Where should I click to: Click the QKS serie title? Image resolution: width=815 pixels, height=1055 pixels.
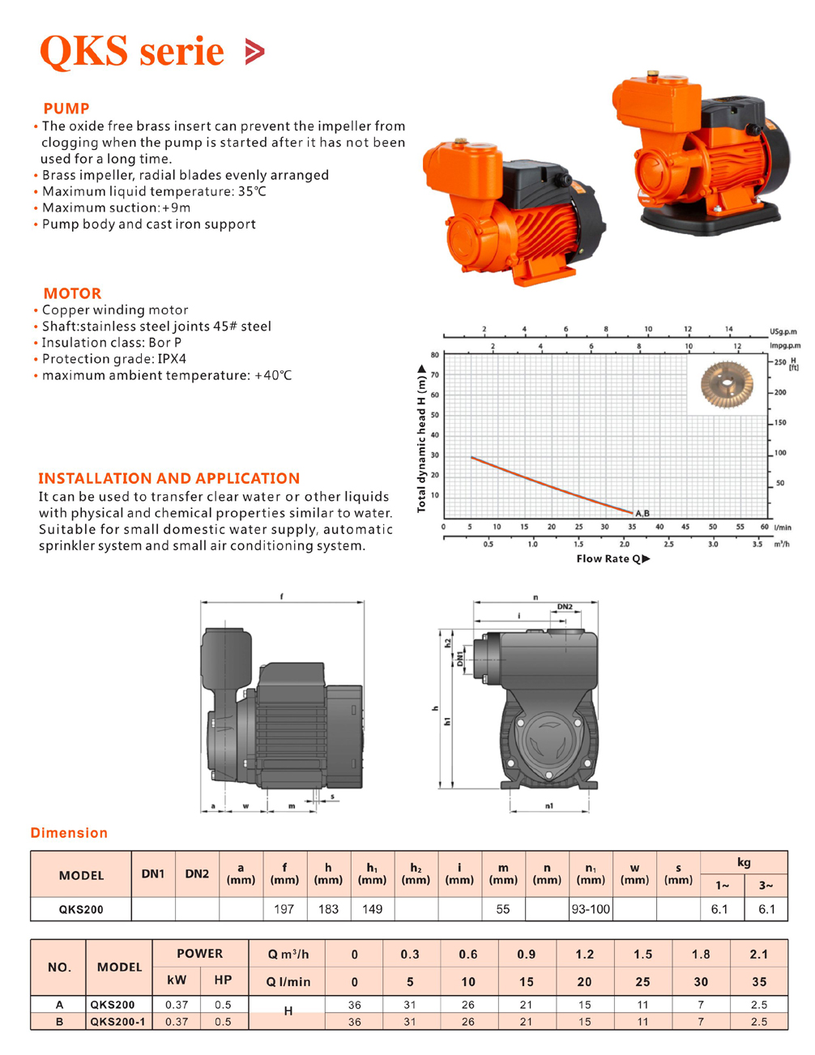pyautogui.click(x=131, y=51)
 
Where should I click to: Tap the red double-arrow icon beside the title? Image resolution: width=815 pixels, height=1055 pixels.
pyautogui.click(x=254, y=51)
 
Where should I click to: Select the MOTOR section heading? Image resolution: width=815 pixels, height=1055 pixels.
pyautogui.click(x=73, y=293)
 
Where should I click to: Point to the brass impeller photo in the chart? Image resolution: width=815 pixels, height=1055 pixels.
pyautogui.click(x=727, y=385)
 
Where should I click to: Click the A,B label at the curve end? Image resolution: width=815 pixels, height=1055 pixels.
pyautogui.click(x=642, y=513)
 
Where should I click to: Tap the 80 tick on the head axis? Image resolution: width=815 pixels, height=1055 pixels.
pyautogui.click(x=435, y=355)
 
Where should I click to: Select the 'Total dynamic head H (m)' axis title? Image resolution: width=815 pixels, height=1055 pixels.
pyautogui.click(x=421, y=438)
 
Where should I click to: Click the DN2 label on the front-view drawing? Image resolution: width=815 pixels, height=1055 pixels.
pyautogui.click(x=565, y=607)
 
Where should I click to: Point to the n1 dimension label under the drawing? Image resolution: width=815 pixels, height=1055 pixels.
pyautogui.click(x=549, y=805)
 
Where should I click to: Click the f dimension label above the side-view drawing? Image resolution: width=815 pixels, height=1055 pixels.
pyautogui.click(x=282, y=596)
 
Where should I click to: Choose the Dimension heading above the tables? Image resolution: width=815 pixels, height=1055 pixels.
pyautogui.click(x=69, y=833)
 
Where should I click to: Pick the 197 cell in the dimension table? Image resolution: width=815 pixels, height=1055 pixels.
pyautogui.click(x=284, y=909)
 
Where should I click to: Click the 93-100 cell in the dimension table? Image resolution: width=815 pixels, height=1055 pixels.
pyautogui.click(x=591, y=909)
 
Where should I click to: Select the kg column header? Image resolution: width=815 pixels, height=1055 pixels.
pyautogui.click(x=744, y=862)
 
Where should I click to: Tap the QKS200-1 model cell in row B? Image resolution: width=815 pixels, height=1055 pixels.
pyautogui.click(x=118, y=1022)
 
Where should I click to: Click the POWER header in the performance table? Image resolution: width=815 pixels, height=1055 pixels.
pyautogui.click(x=200, y=954)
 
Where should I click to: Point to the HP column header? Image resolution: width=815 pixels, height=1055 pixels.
pyautogui.click(x=223, y=980)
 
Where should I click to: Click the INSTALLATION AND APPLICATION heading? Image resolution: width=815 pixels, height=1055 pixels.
pyautogui.click(x=169, y=478)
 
